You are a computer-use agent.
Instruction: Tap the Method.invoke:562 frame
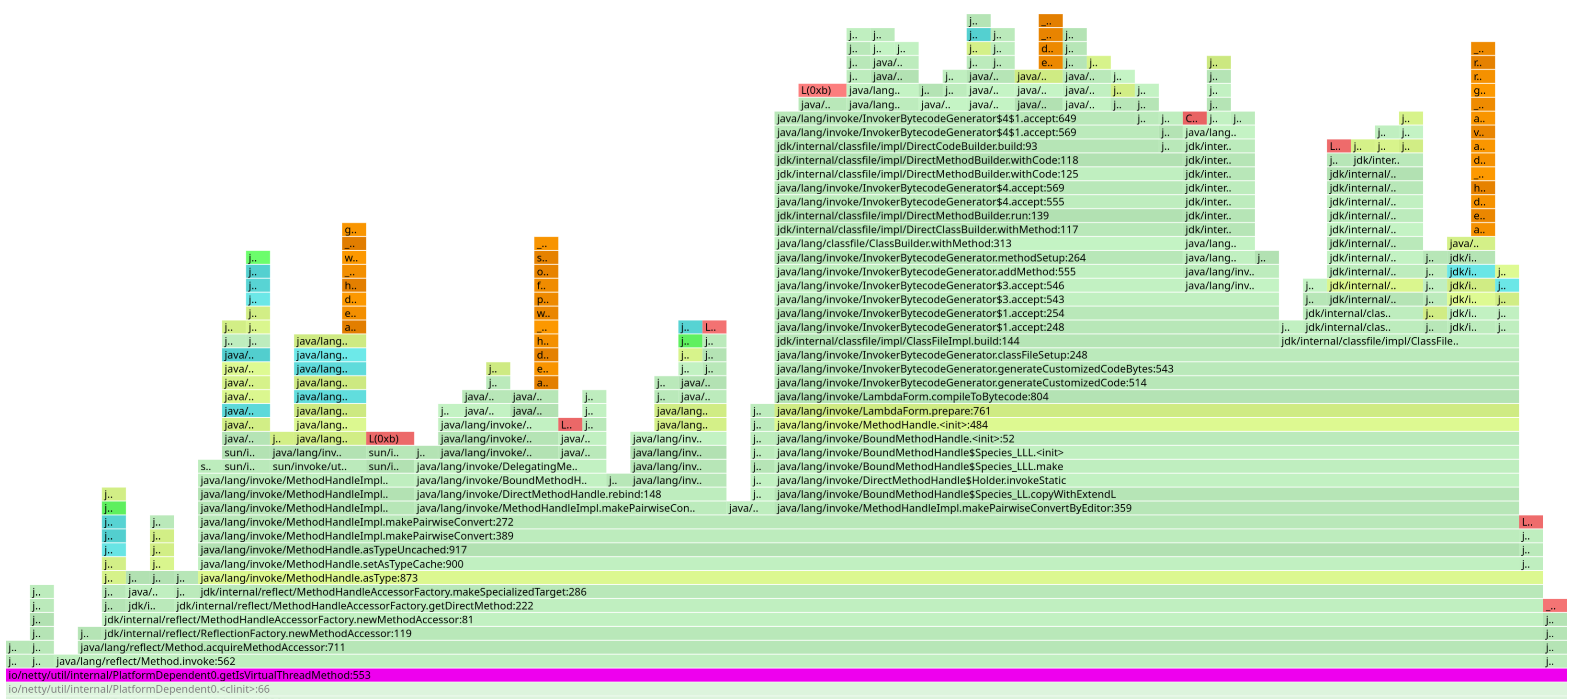[793, 661]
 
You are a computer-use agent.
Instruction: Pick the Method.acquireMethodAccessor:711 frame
[805, 647]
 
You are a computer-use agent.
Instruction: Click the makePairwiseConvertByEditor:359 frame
[1141, 508]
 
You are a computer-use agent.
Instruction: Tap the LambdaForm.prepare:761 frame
[1141, 411]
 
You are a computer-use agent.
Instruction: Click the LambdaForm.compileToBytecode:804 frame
[1141, 397]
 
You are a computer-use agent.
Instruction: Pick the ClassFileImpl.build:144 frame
[1025, 341]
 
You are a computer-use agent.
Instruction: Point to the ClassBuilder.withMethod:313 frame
[976, 244]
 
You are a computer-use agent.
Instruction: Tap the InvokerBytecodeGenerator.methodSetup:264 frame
[976, 257]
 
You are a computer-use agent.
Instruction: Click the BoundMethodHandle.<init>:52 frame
[1141, 439]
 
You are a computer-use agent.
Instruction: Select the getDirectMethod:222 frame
[854, 606]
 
